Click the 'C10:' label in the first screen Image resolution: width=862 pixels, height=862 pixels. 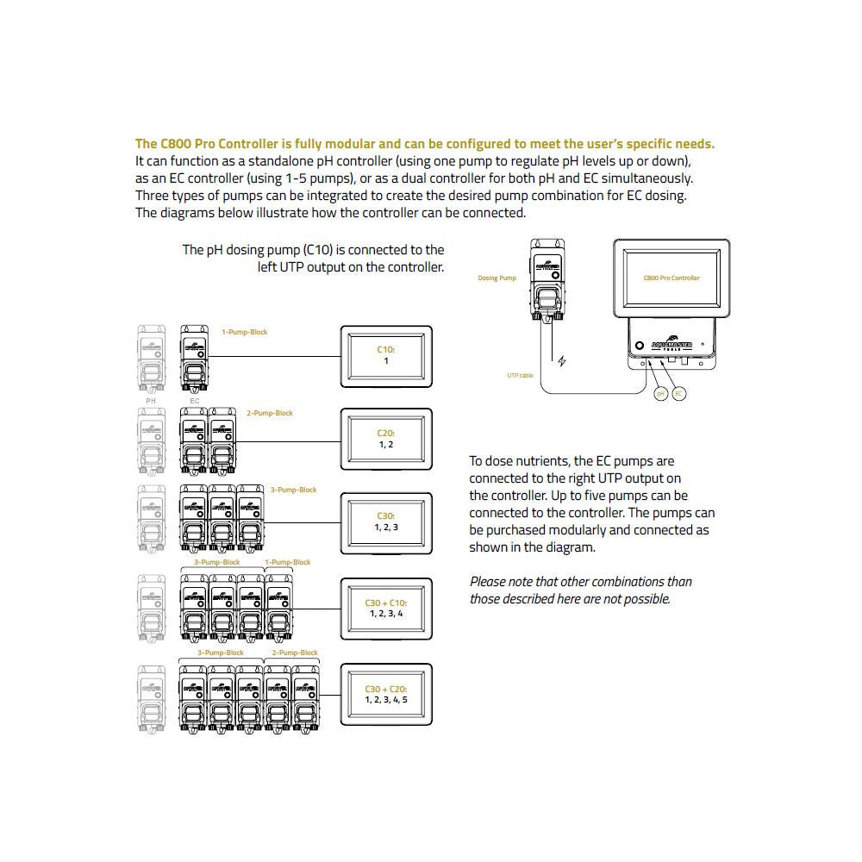[x=385, y=350]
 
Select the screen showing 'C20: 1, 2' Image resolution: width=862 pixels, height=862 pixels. [x=385, y=439]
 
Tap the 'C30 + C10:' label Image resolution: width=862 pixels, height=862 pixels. [x=385, y=603]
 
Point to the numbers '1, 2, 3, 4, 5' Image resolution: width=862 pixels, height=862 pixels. [x=385, y=699]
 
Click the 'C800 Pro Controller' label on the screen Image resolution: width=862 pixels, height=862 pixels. [x=671, y=278]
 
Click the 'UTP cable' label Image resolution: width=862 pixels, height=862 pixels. [x=521, y=375]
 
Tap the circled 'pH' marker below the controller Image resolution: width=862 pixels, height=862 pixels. [x=661, y=394]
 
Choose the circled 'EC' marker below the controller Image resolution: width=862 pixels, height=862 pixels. [x=679, y=394]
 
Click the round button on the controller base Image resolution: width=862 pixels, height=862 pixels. [x=640, y=346]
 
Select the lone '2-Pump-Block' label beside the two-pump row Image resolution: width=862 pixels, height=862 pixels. [x=270, y=413]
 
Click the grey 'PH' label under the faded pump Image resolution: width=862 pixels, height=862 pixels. [x=151, y=400]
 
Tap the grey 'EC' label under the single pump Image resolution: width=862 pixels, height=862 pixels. [x=194, y=400]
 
